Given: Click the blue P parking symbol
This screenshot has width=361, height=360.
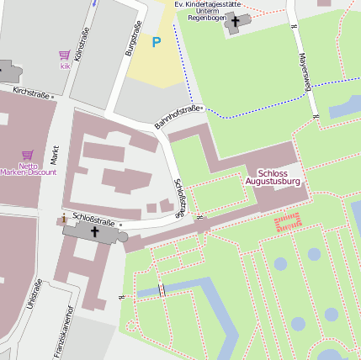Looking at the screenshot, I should point(156,41).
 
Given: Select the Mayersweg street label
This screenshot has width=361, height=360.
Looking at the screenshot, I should point(305,71).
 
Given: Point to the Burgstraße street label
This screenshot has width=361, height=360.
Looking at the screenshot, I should point(131,39).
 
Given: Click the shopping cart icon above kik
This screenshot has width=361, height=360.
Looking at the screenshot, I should point(65,56).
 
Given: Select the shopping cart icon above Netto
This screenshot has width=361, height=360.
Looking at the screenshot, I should point(27,155).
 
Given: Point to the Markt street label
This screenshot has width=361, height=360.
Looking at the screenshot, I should point(55,154).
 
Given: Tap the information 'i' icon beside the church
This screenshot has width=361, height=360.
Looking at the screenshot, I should point(65,219).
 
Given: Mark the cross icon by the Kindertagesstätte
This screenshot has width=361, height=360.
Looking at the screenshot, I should point(236,21).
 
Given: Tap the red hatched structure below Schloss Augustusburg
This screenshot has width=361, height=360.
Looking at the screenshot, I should point(288,222).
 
